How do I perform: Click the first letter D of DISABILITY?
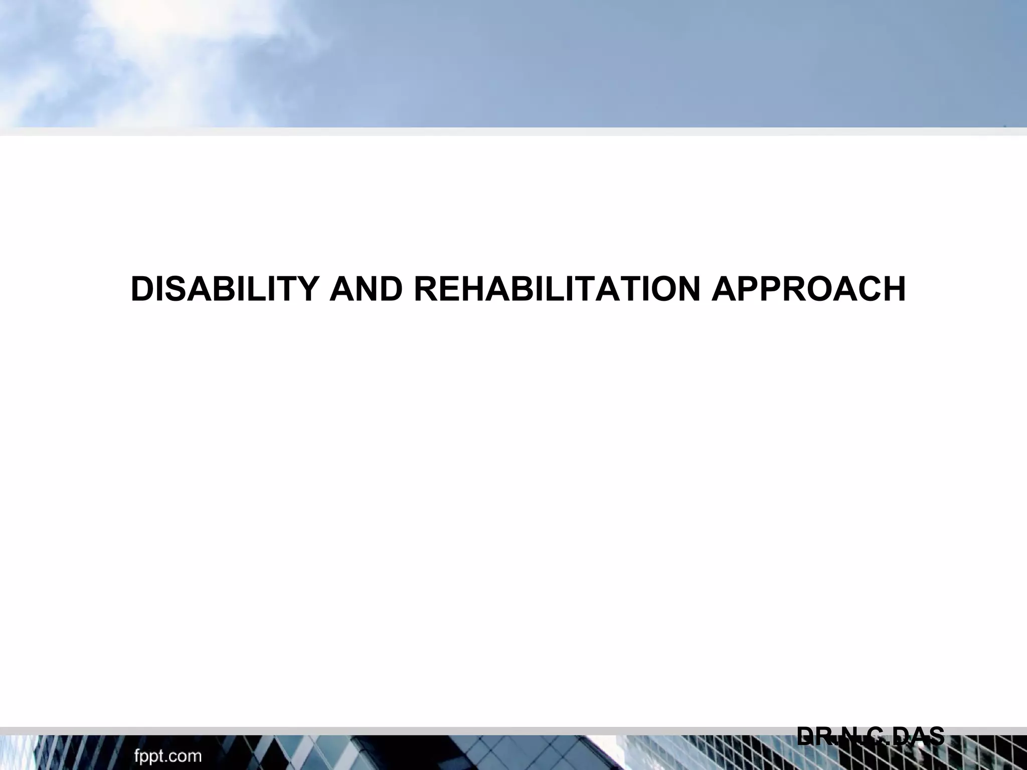coord(141,289)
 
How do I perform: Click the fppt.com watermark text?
coord(167,756)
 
